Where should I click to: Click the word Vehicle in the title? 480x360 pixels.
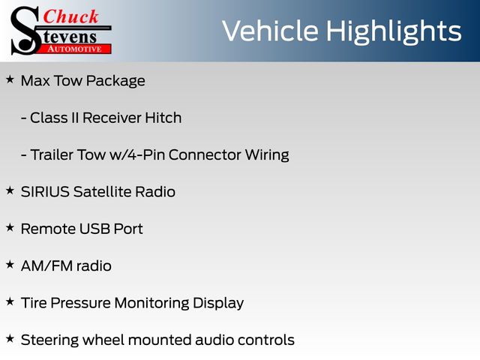coord(270,31)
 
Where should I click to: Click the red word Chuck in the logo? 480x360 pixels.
coord(70,16)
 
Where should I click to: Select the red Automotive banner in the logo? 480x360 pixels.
coord(75,49)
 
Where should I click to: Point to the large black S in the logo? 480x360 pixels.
coord(25,31)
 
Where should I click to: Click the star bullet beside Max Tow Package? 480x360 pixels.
coord(10,79)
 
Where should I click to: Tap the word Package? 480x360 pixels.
coord(115,82)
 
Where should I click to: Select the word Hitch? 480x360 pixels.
coord(163,118)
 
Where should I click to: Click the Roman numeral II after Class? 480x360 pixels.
coord(75,118)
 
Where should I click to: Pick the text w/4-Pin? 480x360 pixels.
coord(138,155)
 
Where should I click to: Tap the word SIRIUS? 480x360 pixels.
coord(45,192)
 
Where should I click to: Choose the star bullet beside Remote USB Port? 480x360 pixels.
coord(10,228)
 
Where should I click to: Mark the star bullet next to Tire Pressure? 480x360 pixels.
coord(10,301)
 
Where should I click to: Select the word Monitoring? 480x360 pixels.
coord(151,303)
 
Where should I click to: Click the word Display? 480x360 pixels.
coord(218,303)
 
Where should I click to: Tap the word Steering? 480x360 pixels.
coord(49,340)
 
